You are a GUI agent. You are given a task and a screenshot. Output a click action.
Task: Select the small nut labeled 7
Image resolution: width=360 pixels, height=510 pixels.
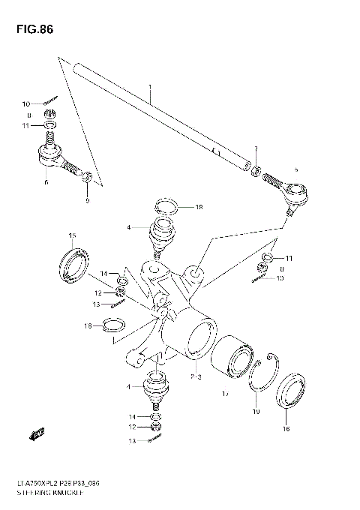(256, 172)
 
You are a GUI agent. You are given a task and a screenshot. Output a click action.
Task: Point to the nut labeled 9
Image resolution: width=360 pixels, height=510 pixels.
(88, 178)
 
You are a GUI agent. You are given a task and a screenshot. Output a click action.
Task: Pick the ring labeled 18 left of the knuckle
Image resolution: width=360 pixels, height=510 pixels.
(112, 325)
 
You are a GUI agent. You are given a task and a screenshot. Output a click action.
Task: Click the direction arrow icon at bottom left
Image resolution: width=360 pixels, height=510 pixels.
(35, 433)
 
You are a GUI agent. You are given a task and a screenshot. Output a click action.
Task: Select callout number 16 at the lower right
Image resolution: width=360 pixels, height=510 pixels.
(284, 430)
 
